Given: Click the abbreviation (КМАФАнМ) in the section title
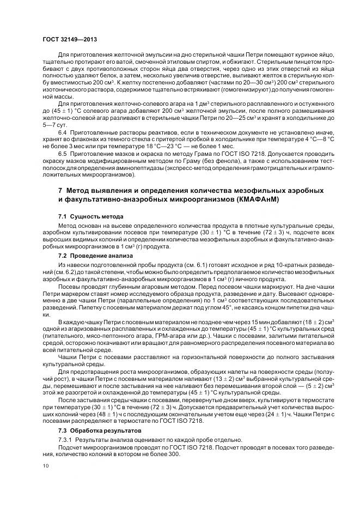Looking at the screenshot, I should (x=269, y=200).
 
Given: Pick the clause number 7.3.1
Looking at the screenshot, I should (x=65, y=439).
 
